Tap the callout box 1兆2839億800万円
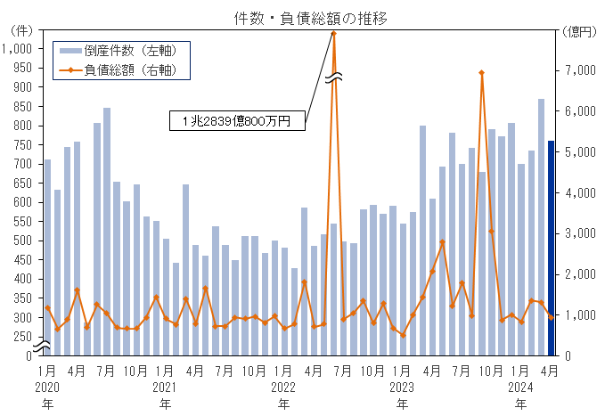pos(237,120)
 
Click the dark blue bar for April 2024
pos(551,248)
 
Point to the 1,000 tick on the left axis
pos(18,48)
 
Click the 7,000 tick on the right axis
pos(580,70)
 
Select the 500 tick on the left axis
pos(21,241)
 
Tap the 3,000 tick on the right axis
pos(580,233)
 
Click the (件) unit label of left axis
pos(20,31)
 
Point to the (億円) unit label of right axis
pos(580,31)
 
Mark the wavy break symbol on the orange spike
pos(333,78)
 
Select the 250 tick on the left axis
pos(21,337)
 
